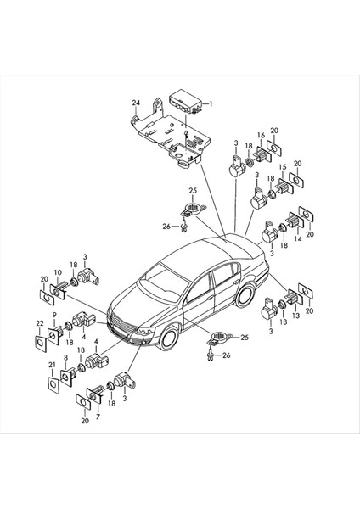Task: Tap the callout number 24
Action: click(x=135, y=103)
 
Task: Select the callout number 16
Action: click(x=262, y=135)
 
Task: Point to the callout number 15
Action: click(x=283, y=167)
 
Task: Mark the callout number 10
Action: click(x=57, y=272)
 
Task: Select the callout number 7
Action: click(x=98, y=417)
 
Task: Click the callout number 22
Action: click(x=38, y=322)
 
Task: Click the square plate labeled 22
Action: click(x=39, y=344)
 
